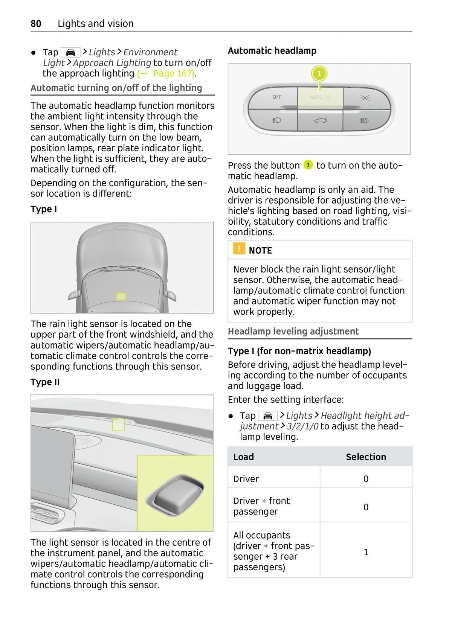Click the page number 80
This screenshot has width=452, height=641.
tap(36, 24)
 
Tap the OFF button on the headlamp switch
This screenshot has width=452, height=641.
tap(277, 97)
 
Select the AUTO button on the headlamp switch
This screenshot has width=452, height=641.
tap(320, 97)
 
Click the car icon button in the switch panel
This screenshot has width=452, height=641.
tap(320, 120)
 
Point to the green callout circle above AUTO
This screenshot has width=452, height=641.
tap(319, 73)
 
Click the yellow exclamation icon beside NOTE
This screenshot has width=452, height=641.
tap(239, 249)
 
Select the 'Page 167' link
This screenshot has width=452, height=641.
tap(173, 73)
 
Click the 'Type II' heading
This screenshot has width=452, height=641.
tap(45, 382)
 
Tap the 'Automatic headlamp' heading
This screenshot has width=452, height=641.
tap(272, 51)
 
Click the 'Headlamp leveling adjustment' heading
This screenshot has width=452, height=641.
tap(293, 331)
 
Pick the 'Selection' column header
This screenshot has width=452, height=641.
tap(366, 457)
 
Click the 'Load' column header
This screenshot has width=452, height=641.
tap(243, 457)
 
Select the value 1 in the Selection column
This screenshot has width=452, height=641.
tap(366, 552)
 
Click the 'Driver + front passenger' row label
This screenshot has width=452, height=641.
tap(261, 506)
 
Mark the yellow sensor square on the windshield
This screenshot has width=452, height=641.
tap(121, 297)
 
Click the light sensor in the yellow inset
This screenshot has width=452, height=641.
tap(176, 494)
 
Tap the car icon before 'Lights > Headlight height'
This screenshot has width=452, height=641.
tap(268, 416)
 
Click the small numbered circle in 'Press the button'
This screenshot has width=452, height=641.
tap(308, 165)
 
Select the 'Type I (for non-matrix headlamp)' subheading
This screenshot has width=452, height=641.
tap(299, 351)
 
